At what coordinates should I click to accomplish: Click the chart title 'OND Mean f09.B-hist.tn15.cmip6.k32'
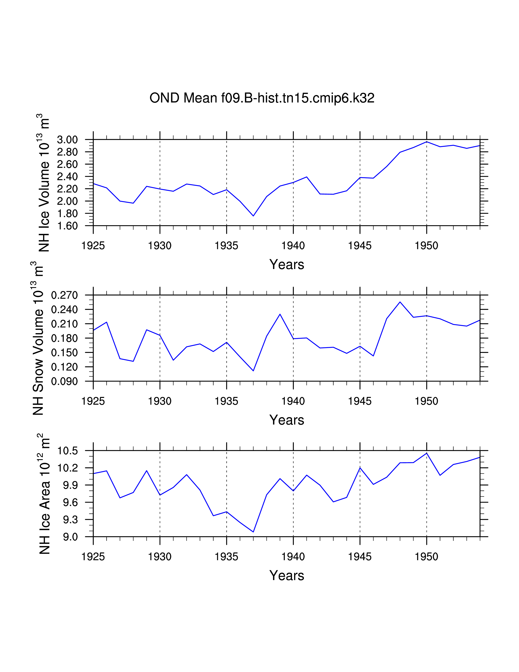coord(262,98)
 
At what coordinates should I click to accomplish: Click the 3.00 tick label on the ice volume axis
coord(67,140)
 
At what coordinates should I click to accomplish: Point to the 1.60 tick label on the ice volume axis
coord(67,226)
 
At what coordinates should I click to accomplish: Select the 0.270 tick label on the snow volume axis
coord(65,295)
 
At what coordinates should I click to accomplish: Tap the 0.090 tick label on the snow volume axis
coord(65,382)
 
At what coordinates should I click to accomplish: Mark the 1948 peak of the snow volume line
coord(400,302)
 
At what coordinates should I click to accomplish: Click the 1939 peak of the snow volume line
coord(280,314)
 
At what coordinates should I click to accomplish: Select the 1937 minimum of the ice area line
coord(253,532)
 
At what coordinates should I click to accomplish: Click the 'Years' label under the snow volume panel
coord(287,420)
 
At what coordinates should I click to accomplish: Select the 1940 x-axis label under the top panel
coord(293,246)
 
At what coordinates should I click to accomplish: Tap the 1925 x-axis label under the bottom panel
coord(93,557)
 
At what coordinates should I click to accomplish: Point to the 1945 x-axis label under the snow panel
coord(360,401)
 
